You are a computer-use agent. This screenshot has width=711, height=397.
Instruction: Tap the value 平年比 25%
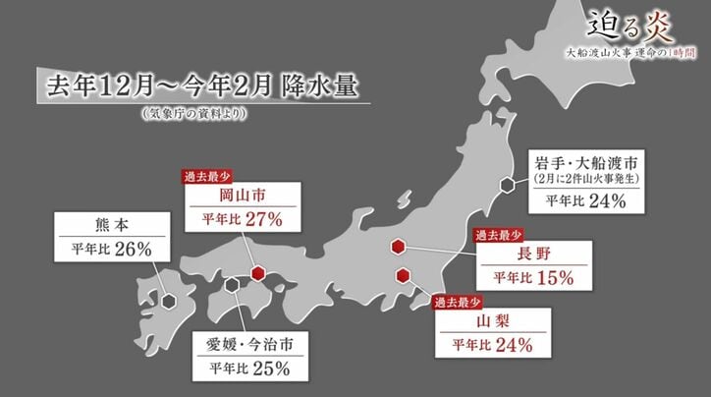pos(249,369)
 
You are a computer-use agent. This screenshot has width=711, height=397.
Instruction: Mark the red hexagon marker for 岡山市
pos(257,273)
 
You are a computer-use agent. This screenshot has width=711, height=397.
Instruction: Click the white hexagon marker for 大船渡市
pos(507,184)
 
